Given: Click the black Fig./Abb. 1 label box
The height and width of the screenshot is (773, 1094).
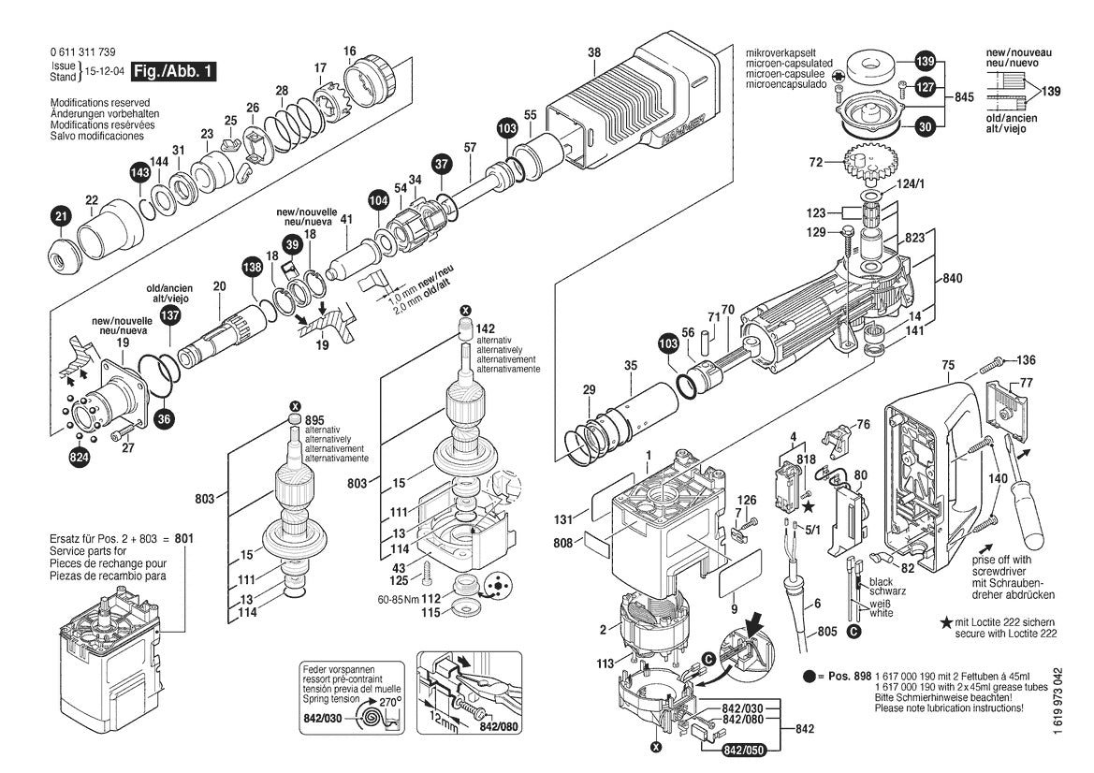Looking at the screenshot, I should [x=174, y=71].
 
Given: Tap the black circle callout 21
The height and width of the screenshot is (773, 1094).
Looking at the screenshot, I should [x=61, y=217].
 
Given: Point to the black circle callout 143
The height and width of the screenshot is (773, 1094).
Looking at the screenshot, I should [x=140, y=173].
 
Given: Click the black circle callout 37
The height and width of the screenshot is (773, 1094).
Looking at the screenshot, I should [x=442, y=165].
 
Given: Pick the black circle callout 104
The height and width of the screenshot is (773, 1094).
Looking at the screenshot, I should [x=378, y=199].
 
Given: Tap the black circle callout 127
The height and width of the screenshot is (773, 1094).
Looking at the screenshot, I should [x=925, y=87].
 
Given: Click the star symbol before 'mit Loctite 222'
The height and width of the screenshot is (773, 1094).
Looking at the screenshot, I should [x=947, y=622].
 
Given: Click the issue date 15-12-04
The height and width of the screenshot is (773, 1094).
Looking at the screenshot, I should [x=106, y=71].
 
